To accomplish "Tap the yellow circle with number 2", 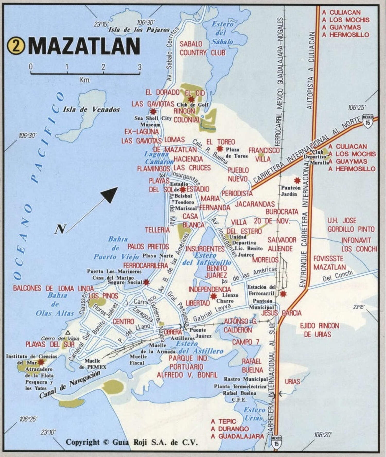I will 16,46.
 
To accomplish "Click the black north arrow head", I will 110,194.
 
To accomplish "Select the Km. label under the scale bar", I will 85,80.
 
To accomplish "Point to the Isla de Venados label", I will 91,110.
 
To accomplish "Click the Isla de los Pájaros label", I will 139,30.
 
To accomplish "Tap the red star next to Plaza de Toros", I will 220,148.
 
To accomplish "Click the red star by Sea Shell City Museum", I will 153,111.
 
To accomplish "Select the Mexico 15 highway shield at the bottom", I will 276,442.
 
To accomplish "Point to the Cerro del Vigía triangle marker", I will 68,332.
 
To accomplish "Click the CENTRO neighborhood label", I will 123,321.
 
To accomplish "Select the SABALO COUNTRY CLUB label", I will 202,48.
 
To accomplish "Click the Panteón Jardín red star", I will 297,180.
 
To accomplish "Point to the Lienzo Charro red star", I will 213,296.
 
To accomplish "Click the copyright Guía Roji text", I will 132,442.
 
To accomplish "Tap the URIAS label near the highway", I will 292,382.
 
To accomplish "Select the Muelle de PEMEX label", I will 92,364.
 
